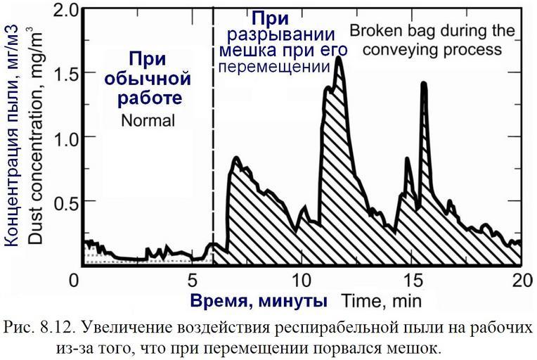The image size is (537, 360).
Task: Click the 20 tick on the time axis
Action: click(521, 280)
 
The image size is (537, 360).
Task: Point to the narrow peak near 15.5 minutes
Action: click(424, 84)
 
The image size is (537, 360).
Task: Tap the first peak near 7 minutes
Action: click(236, 158)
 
